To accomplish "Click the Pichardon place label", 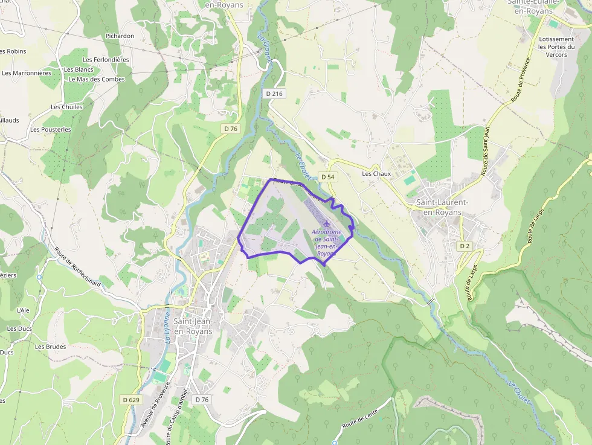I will tap(120, 36).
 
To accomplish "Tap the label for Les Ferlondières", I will tap(106, 60).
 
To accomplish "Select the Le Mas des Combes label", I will tap(97, 79).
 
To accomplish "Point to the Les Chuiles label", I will tap(67, 107).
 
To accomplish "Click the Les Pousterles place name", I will tap(51, 129).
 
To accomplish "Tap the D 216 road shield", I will tap(274, 94).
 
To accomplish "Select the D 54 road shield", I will tap(328, 176).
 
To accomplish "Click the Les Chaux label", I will tap(376, 174).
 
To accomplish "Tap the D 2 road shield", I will tap(464, 246).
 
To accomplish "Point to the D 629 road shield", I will tap(130, 400).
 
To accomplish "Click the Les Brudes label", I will tap(50, 347).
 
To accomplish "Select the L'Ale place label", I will tap(23, 310).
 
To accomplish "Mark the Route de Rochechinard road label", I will tap(77, 268).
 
